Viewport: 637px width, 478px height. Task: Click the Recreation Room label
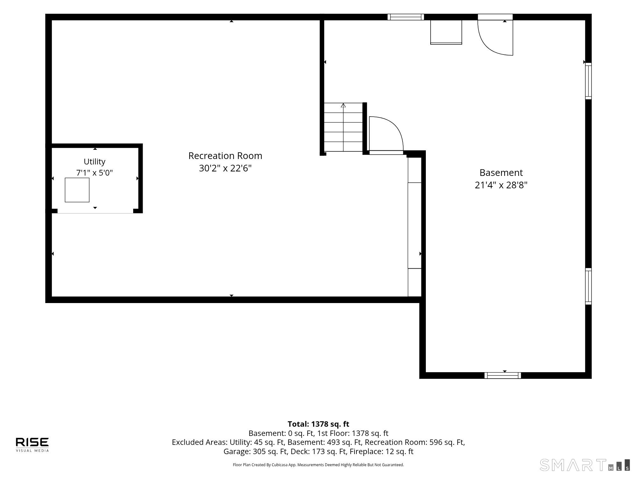[x=225, y=156]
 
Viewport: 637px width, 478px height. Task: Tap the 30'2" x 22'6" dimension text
[x=225, y=168]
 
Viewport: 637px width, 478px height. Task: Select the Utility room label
[x=95, y=162]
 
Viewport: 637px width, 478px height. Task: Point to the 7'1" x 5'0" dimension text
[x=95, y=173]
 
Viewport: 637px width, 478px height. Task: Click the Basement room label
[x=501, y=173]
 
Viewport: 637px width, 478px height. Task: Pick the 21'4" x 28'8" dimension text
[x=501, y=185]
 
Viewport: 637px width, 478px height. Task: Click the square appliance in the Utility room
[x=77, y=190]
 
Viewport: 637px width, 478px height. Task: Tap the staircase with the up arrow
[x=343, y=127]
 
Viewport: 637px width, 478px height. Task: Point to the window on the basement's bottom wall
[x=503, y=375]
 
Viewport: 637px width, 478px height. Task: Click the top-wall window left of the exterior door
[x=405, y=17]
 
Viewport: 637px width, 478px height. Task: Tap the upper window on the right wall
[x=588, y=81]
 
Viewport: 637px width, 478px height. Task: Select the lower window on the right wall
[x=588, y=286]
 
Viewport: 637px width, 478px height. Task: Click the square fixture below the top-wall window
[x=446, y=32]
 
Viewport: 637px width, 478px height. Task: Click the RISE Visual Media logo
[x=32, y=445]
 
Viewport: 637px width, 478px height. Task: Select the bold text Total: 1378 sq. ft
[x=318, y=424]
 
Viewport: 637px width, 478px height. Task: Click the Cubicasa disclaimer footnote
[x=318, y=465]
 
